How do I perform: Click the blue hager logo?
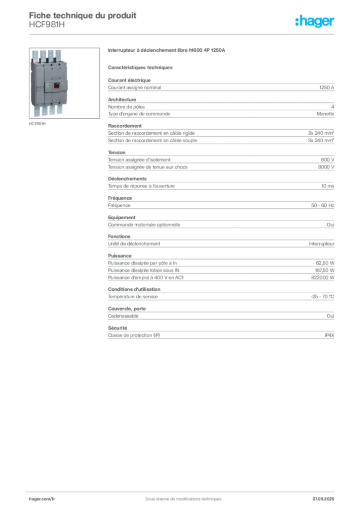[315, 21]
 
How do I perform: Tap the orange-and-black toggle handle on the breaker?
[56, 86]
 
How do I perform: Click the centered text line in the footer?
[179, 495]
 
